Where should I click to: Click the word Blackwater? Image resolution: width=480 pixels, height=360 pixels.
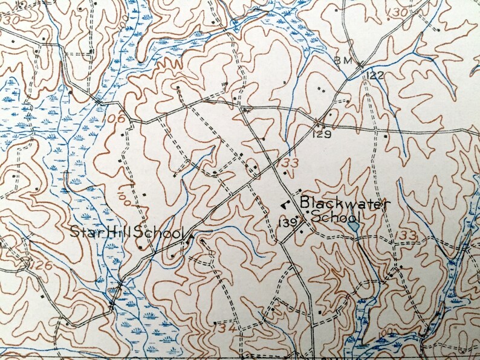click(x=345, y=204)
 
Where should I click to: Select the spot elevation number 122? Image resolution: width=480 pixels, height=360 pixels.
click(x=375, y=74)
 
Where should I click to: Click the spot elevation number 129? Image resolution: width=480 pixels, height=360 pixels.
click(x=322, y=134)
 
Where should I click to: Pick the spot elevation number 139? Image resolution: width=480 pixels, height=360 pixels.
click(x=287, y=222)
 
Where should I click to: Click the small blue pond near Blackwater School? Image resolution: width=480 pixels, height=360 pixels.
click(x=354, y=227)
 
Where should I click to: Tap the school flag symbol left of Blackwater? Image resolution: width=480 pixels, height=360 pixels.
click(x=284, y=204)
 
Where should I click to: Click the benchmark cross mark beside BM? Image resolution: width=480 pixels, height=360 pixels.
click(x=359, y=63)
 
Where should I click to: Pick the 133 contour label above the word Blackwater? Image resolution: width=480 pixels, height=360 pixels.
click(x=289, y=163)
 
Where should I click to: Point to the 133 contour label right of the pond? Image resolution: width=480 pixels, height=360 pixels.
click(x=408, y=234)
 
